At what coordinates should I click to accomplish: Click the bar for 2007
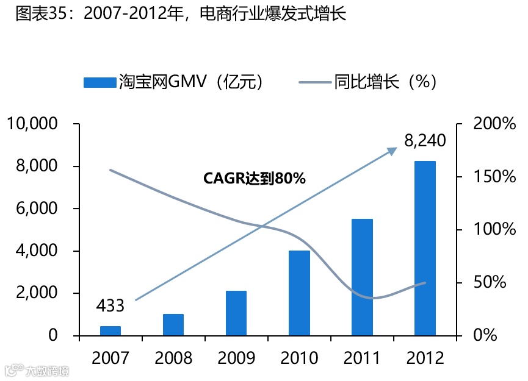110,330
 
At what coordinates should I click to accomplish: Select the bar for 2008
173,324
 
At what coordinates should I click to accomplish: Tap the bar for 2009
236,313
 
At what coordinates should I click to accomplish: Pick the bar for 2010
299,293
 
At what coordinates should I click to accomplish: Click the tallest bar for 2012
425,248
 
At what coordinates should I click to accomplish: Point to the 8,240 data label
425,141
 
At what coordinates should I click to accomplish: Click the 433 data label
110,305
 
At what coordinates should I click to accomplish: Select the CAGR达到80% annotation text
254,179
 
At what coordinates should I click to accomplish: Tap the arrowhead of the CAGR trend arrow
393,150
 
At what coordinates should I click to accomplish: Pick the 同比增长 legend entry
367,82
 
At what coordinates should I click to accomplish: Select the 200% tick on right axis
494,124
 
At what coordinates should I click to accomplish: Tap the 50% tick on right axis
490,283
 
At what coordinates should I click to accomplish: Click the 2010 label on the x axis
299,358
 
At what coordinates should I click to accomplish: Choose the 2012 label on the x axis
425,358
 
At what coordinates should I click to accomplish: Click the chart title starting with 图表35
180,13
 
